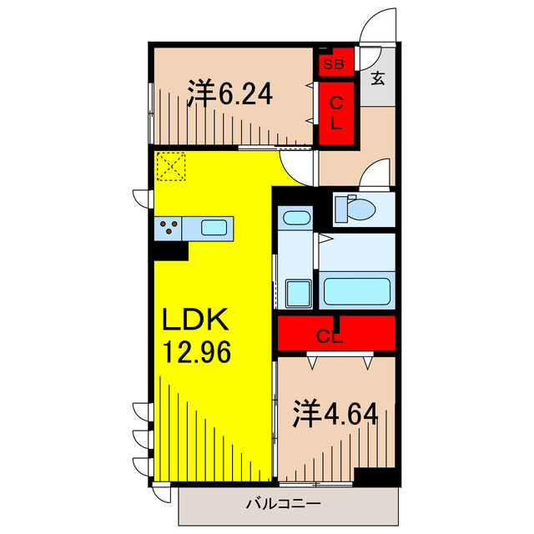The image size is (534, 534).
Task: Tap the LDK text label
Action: point(195,320)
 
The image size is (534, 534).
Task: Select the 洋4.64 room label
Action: point(337,412)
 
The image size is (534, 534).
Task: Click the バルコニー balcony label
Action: point(283,504)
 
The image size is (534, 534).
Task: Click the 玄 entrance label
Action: point(378,80)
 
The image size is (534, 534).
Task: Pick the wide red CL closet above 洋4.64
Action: point(336,336)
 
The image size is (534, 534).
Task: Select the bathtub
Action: point(357,291)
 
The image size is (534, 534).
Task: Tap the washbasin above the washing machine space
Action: point(295,219)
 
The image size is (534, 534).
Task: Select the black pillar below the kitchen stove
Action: point(171,249)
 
